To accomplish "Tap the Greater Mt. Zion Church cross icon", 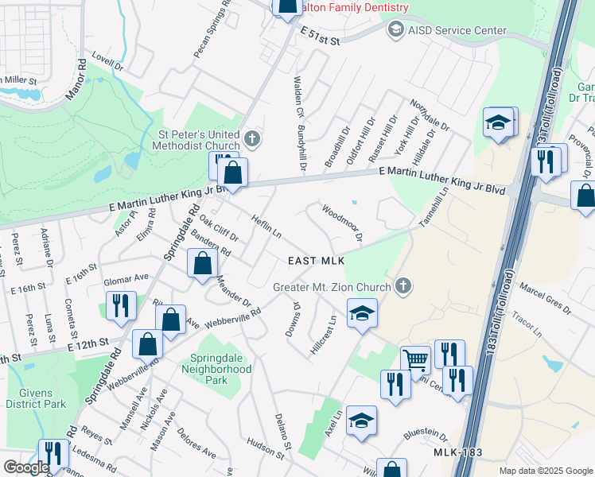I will [x=403, y=286].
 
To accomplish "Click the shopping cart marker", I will [x=415, y=359].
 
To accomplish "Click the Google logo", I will [x=25, y=467].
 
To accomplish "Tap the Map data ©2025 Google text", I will [x=545, y=471].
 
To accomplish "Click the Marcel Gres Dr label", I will [x=545, y=296].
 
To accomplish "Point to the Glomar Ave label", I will [x=126, y=279].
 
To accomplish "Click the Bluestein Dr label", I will [x=426, y=434].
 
